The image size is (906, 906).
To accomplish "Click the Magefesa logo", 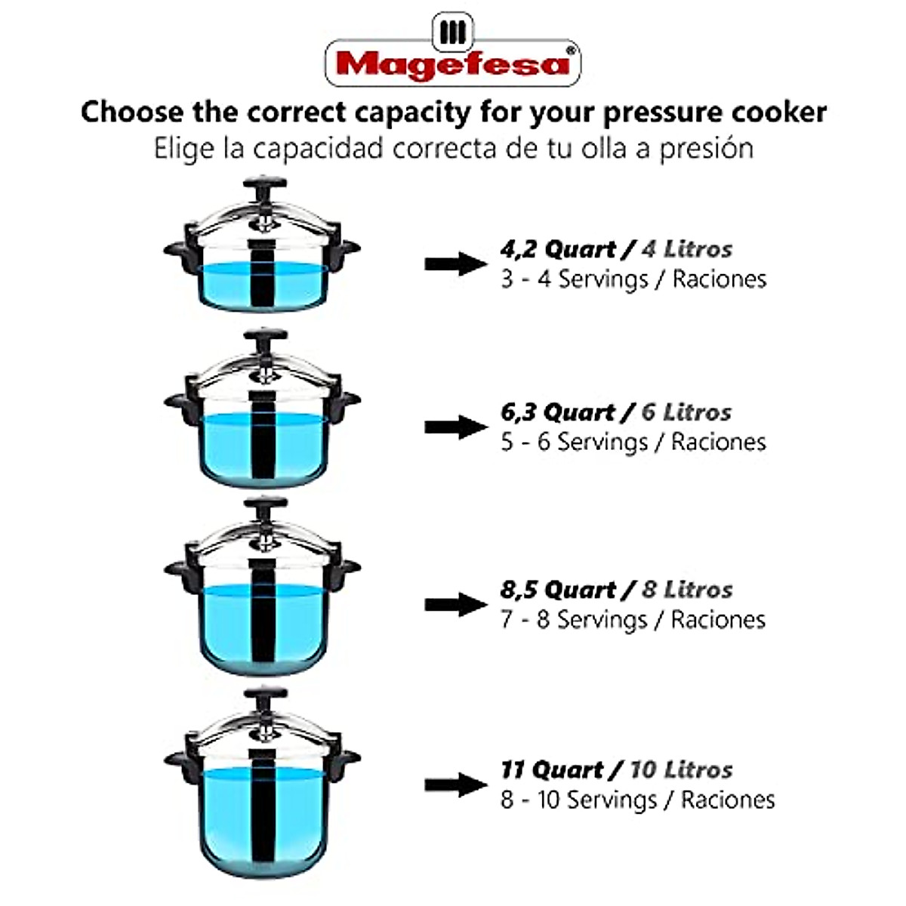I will click(x=452, y=57).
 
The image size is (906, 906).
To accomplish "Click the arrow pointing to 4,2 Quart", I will click(x=455, y=263).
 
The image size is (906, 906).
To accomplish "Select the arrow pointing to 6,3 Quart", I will click(x=455, y=427).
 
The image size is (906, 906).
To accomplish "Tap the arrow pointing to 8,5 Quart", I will click(x=455, y=604).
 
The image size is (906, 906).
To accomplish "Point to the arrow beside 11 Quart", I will click(x=455, y=785).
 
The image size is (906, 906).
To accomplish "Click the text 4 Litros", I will click(x=686, y=249).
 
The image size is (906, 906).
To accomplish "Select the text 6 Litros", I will click(x=686, y=412).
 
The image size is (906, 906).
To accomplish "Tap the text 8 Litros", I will click(x=687, y=590).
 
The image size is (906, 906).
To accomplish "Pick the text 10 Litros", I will click(x=681, y=770).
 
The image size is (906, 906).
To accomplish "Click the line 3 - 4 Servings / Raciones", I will click(x=633, y=279).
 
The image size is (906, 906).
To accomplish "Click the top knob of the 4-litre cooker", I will click(x=264, y=185).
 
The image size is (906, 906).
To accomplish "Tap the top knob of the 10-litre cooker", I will click(x=264, y=695).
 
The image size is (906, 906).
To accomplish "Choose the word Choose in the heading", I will click(x=132, y=112).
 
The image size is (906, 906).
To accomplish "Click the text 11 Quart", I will click(x=552, y=770).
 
